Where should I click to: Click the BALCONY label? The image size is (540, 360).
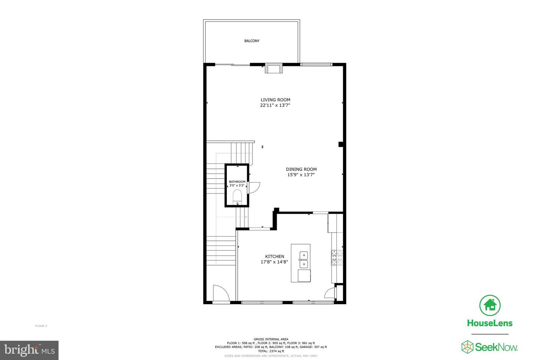(x=252, y=41)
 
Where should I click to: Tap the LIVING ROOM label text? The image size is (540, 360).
(x=275, y=100)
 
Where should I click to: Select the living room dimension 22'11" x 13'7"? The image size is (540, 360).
(x=275, y=105)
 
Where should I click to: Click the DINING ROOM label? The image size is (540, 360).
(x=301, y=169)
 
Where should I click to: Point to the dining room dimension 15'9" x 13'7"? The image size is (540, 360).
(x=301, y=175)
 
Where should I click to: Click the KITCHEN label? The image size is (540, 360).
(x=274, y=256)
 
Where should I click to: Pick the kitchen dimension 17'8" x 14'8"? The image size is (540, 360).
(x=274, y=262)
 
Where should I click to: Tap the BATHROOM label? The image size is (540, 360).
(x=237, y=182)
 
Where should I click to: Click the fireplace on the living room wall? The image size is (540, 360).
(x=274, y=69)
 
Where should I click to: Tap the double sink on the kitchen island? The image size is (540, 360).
(x=303, y=260)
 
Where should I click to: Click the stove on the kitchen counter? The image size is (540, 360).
(x=337, y=258)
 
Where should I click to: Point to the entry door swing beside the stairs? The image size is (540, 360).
(x=220, y=293)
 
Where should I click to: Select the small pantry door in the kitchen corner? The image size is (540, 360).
(x=330, y=293)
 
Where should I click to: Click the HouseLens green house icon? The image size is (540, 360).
(x=490, y=305)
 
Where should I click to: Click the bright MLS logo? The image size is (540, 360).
(x=29, y=350)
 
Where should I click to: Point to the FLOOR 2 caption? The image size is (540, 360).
(x=41, y=326)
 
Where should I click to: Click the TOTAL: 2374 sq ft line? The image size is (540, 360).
(x=271, y=351)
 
